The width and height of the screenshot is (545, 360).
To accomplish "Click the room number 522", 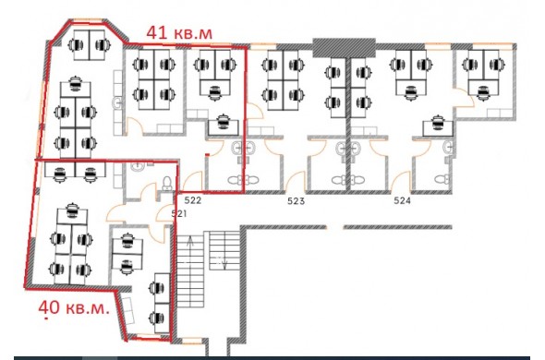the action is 193,200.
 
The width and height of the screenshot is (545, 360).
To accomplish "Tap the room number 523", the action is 297,201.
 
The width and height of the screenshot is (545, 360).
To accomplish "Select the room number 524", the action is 402,200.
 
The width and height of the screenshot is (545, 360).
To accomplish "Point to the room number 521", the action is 179,213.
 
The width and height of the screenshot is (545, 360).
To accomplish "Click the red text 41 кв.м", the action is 179,33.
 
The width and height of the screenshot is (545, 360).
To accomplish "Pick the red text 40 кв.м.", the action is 74,307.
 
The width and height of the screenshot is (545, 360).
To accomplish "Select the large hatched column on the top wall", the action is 345,48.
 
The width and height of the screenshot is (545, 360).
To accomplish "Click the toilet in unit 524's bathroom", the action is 442,179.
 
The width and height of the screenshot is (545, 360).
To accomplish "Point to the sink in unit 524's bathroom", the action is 448,148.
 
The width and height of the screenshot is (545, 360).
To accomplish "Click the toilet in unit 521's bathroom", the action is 167,183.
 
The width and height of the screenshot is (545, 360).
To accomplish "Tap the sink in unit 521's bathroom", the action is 138,166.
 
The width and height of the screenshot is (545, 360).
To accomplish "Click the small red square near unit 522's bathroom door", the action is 207,154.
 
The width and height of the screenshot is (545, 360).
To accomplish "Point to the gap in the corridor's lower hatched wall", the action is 334,227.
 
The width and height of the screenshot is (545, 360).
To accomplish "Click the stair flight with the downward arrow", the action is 224,251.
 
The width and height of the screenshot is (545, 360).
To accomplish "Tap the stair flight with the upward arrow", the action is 190,271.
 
